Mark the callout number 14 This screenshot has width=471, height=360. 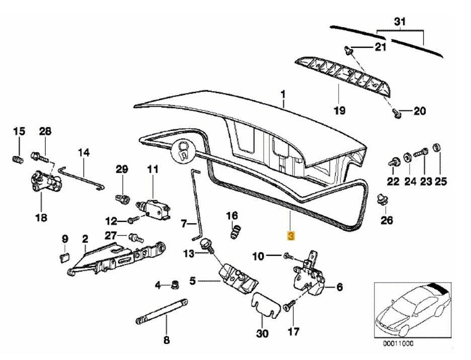point(83,151)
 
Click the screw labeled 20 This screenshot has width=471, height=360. point(396,113)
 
